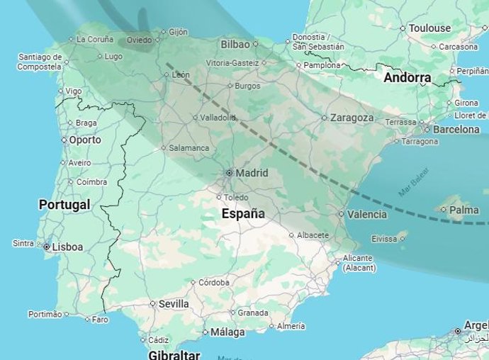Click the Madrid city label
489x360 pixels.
[252, 173]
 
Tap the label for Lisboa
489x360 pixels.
[67, 247]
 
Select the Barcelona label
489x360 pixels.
[456, 130]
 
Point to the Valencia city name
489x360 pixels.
[368, 214]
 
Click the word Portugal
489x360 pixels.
[64, 205]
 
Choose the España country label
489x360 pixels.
[243, 213]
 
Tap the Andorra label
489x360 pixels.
[407, 78]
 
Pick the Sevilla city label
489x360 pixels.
[174, 304]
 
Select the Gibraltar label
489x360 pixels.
[174, 354]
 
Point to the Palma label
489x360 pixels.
[464, 210]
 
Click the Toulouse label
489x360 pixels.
[429, 28]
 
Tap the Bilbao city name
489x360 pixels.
[235, 45]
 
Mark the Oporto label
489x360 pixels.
[85, 140]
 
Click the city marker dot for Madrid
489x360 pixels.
[229, 173]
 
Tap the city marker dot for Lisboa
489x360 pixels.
[46, 247]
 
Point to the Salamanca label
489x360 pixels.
[189, 148]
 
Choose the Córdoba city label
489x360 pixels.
[214, 282]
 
